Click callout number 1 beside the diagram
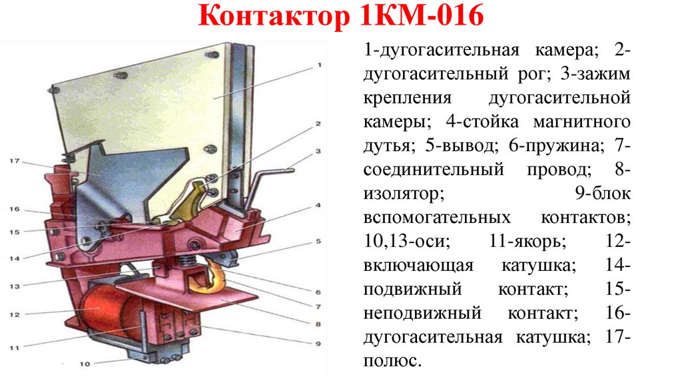pos(319,65)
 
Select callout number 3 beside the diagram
pos(318,152)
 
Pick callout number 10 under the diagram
pos(83,363)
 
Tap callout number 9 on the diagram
pos(318,343)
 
